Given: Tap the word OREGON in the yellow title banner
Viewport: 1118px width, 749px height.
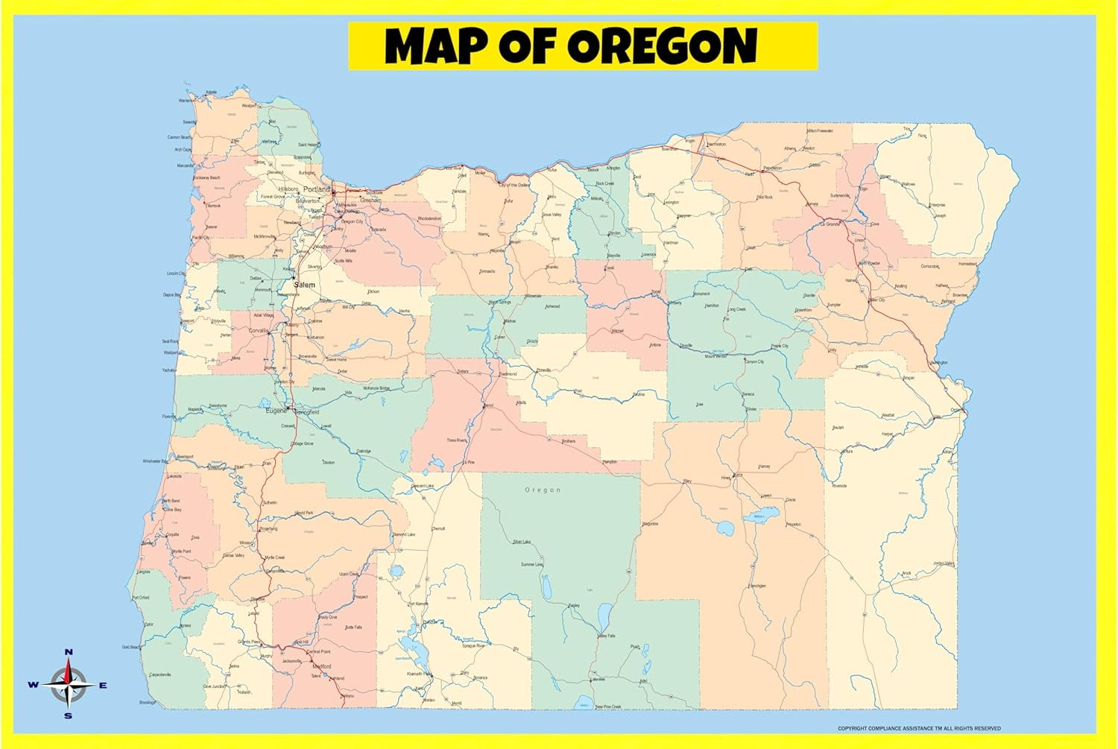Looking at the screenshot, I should [x=663, y=46].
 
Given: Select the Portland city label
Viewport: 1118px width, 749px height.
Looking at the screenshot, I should [x=316, y=189].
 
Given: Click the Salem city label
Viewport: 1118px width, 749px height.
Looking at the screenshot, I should [x=304, y=285].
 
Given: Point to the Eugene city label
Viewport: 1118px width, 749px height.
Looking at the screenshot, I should [x=275, y=411].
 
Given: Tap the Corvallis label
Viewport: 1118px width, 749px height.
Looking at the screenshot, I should [x=259, y=329].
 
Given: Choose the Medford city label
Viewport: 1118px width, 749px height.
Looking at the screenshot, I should [x=321, y=666].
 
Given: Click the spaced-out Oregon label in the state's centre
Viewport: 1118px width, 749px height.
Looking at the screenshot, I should [x=543, y=490].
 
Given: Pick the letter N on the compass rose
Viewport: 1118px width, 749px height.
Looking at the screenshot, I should [x=69, y=652].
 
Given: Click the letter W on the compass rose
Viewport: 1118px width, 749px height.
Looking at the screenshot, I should [x=34, y=685].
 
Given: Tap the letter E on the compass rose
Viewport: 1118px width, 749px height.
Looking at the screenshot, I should [x=104, y=685].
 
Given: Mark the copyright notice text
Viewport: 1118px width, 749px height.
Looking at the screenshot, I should [x=919, y=728].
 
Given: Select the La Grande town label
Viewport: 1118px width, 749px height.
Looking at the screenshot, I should [x=830, y=224].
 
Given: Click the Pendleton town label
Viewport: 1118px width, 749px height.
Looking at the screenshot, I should [x=772, y=168].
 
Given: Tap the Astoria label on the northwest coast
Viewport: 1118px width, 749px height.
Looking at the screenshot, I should [x=211, y=92].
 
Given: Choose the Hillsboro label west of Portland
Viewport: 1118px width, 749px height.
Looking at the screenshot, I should [x=288, y=189].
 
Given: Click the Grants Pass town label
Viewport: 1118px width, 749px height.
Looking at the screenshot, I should [x=249, y=642].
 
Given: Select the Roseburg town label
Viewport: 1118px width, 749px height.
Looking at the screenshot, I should [x=268, y=528].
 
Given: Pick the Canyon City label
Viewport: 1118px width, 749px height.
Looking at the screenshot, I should [x=754, y=361].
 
